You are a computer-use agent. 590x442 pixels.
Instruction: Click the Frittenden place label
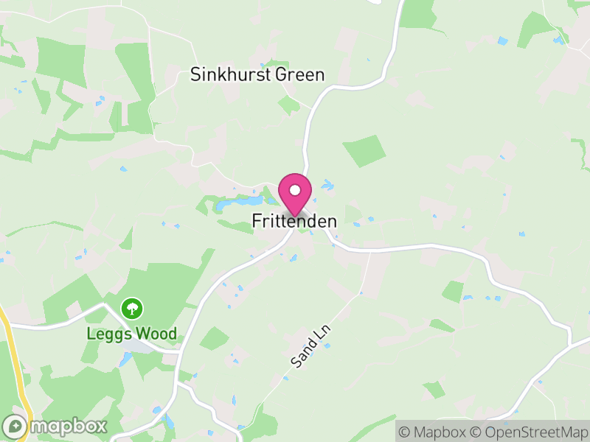(294, 220)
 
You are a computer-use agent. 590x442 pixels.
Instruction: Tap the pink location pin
(295, 194)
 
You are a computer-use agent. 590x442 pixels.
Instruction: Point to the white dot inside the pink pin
(295, 190)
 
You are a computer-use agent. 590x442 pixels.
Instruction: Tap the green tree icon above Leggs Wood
(132, 307)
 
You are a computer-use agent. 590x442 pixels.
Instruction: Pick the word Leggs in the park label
(105, 334)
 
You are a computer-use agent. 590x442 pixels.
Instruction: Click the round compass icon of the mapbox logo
(15, 426)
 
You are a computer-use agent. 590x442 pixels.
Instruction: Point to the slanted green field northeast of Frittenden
(364, 151)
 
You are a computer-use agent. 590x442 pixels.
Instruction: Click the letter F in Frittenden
(257, 220)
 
